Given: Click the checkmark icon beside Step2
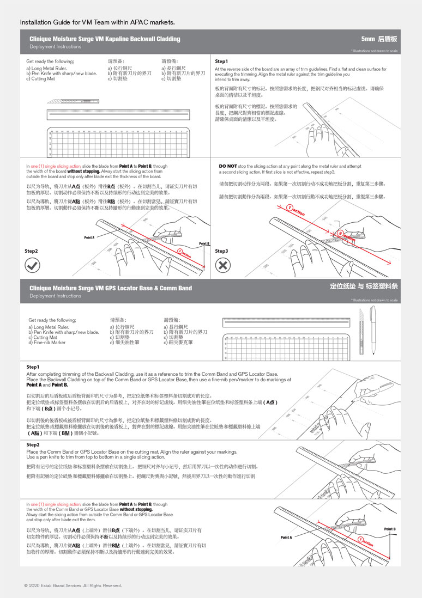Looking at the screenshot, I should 33,265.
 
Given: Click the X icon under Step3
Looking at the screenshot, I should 223,265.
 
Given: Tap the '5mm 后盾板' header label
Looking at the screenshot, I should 379,39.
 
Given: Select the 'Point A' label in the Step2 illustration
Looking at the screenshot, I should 89,237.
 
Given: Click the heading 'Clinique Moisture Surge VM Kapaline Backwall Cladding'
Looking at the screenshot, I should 105,39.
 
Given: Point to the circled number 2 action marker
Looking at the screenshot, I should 341,233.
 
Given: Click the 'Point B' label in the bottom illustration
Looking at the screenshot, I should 390,529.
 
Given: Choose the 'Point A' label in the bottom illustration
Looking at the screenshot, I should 286,537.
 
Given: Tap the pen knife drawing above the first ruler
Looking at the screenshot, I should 74,101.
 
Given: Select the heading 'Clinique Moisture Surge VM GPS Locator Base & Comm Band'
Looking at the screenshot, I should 111,288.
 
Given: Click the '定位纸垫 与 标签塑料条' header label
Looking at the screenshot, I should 364,286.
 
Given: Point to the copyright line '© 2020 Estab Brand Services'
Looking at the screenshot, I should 73,585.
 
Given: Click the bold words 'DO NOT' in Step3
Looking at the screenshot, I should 227,166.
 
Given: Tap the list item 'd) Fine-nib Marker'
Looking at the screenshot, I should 47,343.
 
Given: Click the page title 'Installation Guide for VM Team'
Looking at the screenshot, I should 97,22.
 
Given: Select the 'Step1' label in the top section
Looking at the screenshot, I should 221,61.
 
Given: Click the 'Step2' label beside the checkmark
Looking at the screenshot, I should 31,251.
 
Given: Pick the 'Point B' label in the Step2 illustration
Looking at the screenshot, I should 204,243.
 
